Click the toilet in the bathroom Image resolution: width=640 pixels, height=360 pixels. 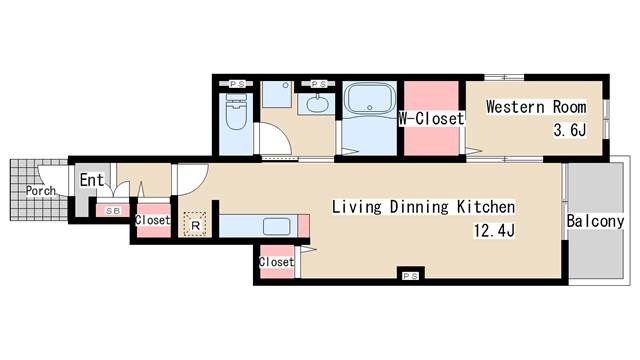click(236, 112)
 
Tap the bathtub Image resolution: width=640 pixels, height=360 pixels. click(369, 100)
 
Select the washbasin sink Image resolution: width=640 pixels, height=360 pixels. click(317, 104)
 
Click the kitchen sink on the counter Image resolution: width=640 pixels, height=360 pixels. click(277, 227)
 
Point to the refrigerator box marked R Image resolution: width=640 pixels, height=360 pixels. click(195, 224)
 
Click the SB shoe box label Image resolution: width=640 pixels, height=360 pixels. click(113, 211)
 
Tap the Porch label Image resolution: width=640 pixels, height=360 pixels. click(40, 191)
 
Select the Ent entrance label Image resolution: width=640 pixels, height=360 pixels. click(92, 180)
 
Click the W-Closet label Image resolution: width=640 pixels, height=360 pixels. click(431, 119)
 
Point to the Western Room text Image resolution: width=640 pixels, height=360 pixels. click(536, 107)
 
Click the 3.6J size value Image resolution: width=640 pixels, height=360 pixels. click(570, 130)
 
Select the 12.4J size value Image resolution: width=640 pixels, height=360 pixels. click(494, 231)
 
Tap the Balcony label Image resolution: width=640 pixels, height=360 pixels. click(596, 221)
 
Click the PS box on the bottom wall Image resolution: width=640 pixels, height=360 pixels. click(411, 276)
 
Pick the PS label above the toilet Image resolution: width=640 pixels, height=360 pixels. click(237, 84)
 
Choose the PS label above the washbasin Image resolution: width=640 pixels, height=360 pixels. click(318, 84)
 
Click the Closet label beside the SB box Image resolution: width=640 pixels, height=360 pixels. click(153, 220)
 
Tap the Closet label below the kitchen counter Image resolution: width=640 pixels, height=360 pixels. click(276, 262)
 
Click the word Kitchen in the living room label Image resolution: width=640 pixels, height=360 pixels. click(486, 207)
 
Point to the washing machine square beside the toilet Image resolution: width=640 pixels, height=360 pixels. click(276, 94)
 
